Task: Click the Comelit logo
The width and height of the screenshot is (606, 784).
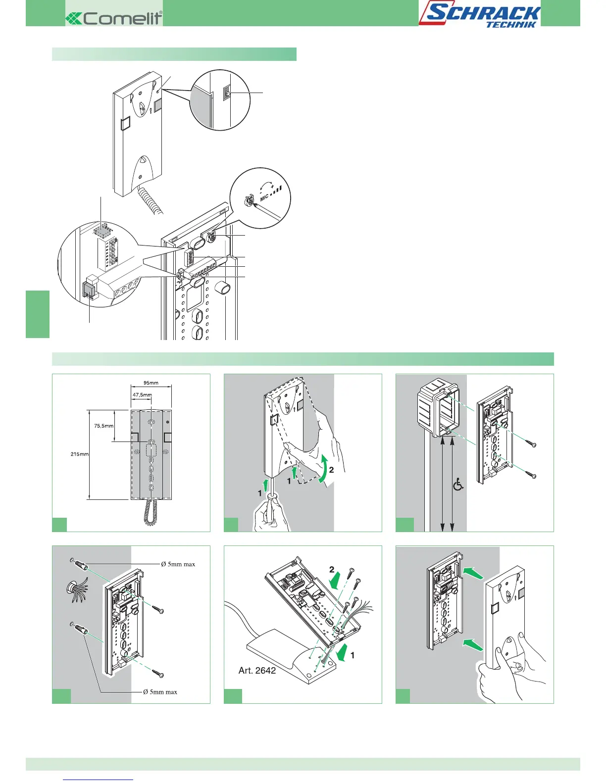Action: click(114, 18)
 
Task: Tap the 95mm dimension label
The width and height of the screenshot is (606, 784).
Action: click(151, 383)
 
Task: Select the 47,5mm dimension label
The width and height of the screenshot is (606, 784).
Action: click(142, 395)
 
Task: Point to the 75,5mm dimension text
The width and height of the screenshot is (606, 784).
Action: click(103, 426)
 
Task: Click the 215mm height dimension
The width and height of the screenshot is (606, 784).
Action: click(79, 454)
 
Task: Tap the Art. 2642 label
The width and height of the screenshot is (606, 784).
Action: click(257, 671)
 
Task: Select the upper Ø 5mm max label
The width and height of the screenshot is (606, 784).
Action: click(178, 564)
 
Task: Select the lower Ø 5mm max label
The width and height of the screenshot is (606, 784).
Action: click(160, 692)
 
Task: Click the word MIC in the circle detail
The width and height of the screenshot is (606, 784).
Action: click(264, 197)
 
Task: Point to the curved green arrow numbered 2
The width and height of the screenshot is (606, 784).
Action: click(324, 468)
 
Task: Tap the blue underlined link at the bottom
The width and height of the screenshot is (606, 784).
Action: click(99, 780)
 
